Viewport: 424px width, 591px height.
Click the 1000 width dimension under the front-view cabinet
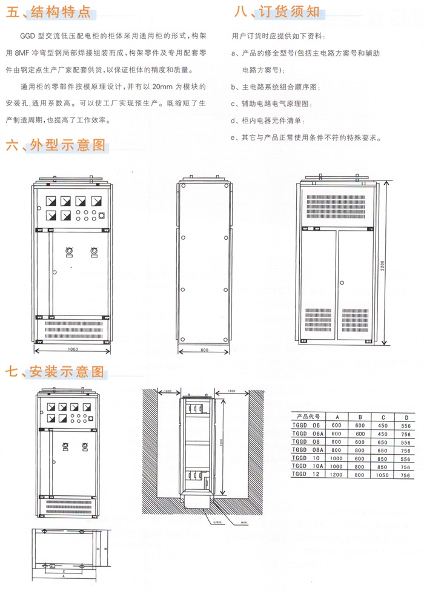[73, 349]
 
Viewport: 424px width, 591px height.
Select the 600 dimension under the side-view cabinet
[204, 349]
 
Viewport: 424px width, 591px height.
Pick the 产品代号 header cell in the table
[308, 417]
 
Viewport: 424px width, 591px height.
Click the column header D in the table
[405, 417]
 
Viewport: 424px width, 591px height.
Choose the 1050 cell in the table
[383, 475]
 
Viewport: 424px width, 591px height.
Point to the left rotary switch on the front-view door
[68, 251]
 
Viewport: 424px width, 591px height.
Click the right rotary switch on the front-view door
[94, 251]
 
